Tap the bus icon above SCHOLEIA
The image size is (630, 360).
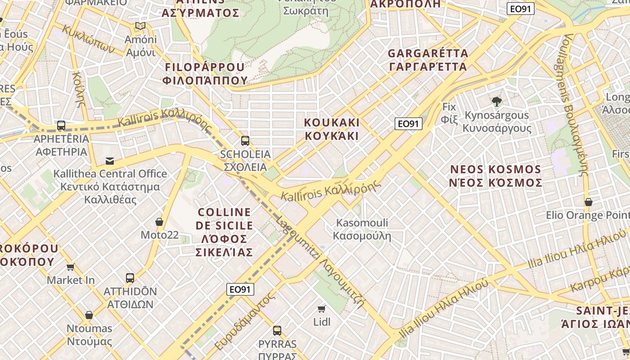tap(245, 140)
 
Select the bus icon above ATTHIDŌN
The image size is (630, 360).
tap(130, 278)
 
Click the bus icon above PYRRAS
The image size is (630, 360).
tap(277, 331)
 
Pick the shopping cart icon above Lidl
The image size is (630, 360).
tap(322, 309)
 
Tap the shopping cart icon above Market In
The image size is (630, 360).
tap(71, 267)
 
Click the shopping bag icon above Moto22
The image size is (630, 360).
tap(159, 222)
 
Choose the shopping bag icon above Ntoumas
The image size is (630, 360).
tap(89, 315)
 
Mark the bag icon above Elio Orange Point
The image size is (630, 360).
tap(588, 202)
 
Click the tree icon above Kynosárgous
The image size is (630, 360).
tap(497, 102)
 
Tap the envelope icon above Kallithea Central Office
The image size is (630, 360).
tap(110, 161)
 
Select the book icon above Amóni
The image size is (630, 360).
tap(140, 26)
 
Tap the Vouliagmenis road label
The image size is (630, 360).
tap(576, 103)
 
